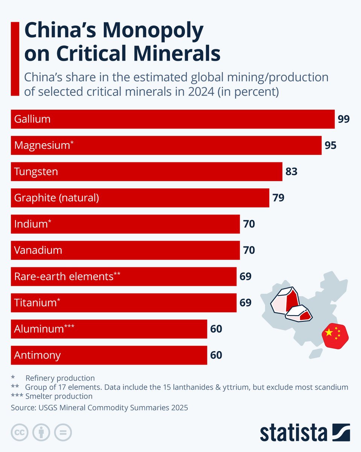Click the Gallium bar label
32,119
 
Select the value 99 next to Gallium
343,119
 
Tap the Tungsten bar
146,172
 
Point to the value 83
291,172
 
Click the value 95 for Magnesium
330,145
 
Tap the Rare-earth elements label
67,276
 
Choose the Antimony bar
109,355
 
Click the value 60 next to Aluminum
216,329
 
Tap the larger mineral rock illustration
284,301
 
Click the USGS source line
99,408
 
